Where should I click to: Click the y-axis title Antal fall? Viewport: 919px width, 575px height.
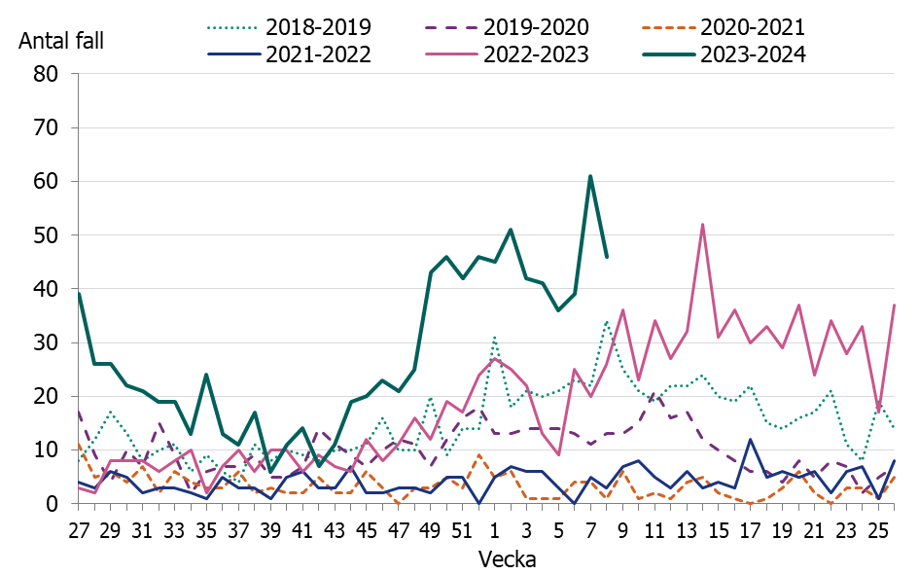point(60,41)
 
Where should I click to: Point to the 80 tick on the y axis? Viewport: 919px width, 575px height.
point(48,74)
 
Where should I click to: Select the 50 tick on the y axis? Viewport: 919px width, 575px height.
point(48,235)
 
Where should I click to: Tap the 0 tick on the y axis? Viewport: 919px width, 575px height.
point(54,504)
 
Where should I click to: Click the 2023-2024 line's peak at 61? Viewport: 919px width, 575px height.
point(590,176)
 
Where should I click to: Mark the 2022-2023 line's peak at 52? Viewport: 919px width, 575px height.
point(702,225)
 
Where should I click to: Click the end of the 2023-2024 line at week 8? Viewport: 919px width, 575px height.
point(607,257)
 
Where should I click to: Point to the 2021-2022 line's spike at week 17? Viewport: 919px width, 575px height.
point(750,439)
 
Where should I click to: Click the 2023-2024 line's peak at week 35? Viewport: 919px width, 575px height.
point(206,375)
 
